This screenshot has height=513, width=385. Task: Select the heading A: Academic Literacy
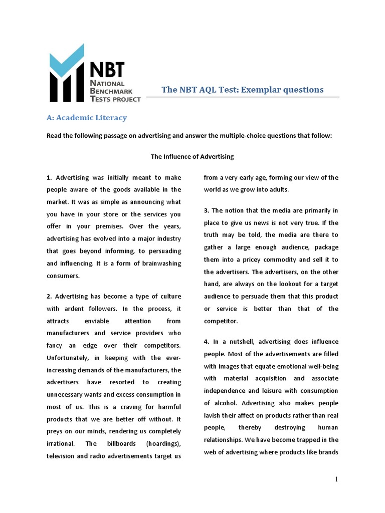point(87,118)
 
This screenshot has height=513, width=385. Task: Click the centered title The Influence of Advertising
point(192,156)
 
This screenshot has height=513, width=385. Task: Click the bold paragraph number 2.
point(49,297)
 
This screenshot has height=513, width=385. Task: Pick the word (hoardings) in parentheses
point(163,443)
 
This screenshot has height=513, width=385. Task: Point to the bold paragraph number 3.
point(206,210)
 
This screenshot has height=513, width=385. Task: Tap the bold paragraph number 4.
point(206,342)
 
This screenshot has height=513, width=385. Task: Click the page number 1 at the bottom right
point(336,479)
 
